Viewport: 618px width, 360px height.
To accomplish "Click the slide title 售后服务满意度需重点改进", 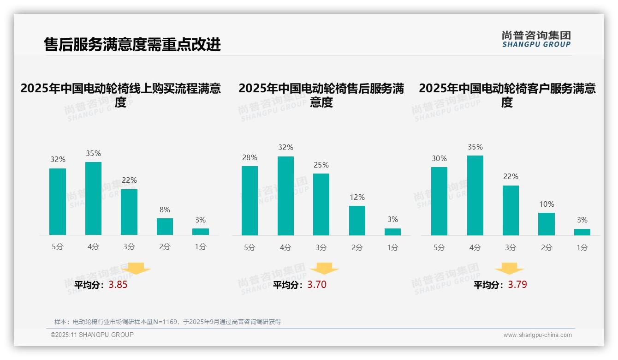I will (132, 44).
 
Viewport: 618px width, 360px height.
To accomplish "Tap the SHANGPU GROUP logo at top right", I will (536, 39).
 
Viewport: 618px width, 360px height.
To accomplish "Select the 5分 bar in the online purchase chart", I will (58, 202).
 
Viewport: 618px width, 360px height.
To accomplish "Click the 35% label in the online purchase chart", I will (93, 153).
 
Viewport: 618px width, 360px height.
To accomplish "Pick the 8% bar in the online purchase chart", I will (165, 227).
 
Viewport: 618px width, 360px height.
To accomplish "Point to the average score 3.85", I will (118, 285).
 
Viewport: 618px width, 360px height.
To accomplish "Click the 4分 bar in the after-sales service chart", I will (285, 196).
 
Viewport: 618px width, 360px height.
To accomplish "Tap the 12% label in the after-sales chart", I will (357, 197).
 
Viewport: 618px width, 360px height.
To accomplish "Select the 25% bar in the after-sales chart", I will (321, 204).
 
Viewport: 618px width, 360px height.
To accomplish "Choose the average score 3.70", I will (317, 285).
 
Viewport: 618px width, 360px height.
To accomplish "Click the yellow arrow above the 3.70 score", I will (324, 269).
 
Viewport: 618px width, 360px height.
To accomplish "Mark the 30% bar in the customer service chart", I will (439, 201).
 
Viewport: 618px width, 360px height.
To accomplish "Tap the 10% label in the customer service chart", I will (547, 204).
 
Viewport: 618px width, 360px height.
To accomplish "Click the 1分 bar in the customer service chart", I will (582, 232).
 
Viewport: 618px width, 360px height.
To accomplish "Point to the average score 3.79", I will (517, 285).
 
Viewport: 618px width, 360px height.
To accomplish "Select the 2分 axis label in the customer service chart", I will (547, 247).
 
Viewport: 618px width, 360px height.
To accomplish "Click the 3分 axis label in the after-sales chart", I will (321, 247).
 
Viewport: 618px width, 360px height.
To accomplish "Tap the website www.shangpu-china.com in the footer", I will (537, 335).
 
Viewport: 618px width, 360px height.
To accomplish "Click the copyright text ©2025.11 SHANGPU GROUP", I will (92, 335).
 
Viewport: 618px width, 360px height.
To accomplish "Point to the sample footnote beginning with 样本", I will (167, 322).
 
